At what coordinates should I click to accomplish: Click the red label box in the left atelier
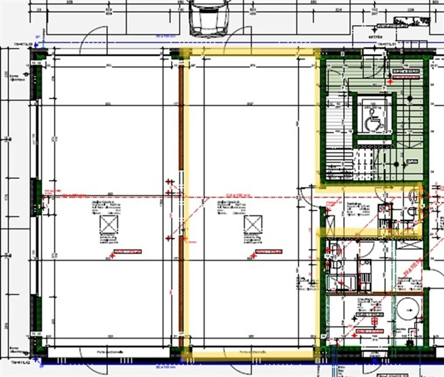point(129,252)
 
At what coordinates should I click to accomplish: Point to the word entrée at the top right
point(375,37)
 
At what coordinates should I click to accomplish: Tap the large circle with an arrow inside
point(407,310)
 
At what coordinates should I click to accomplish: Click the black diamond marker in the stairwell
point(409,99)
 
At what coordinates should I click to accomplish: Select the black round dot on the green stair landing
point(397,165)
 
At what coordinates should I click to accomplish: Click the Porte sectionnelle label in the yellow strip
point(253,352)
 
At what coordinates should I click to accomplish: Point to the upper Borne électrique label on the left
point(14,77)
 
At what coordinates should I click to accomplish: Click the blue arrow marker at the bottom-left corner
point(37,359)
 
